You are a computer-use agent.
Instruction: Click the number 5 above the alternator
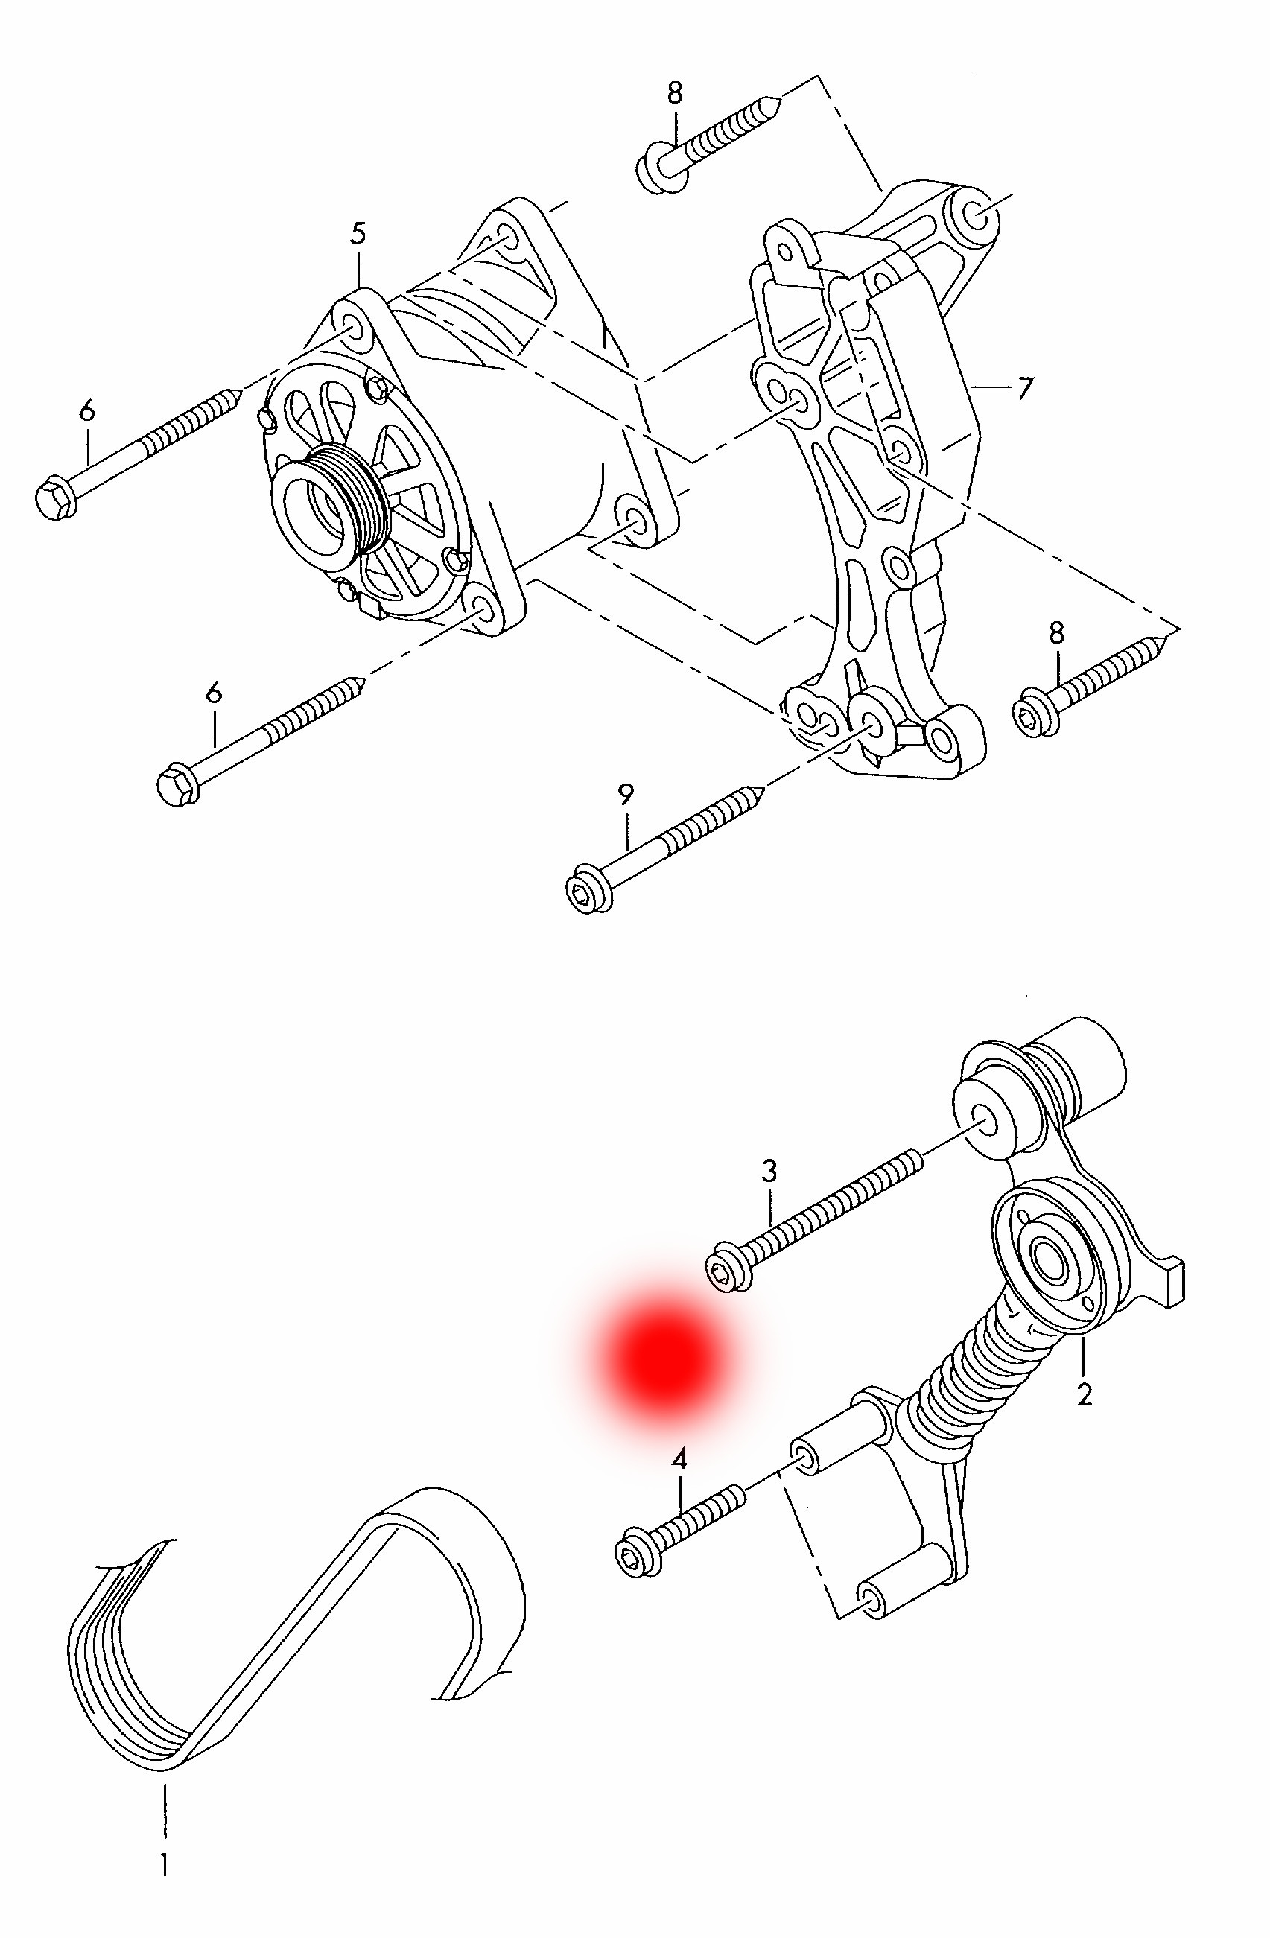(x=358, y=234)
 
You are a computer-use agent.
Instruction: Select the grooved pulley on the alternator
(x=331, y=506)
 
